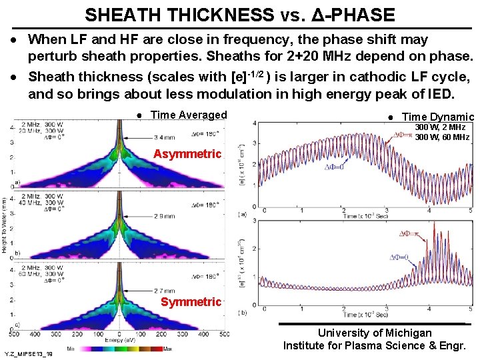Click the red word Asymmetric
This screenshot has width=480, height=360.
pos(187,154)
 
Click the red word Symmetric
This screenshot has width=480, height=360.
pos(191,302)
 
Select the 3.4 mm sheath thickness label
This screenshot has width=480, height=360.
pos(164,137)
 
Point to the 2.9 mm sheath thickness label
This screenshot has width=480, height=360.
pos(165,217)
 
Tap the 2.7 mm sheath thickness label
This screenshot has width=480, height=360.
pos(165,291)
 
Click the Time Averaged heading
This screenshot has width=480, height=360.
pos(189,115)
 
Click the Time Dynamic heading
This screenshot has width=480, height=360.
pos(437,117)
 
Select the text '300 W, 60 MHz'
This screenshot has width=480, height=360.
pos(442,137)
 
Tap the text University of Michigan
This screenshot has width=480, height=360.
pos(374,333)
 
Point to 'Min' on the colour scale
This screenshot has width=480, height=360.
pos(71,349)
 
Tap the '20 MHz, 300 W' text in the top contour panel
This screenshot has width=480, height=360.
pos(40,131)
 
